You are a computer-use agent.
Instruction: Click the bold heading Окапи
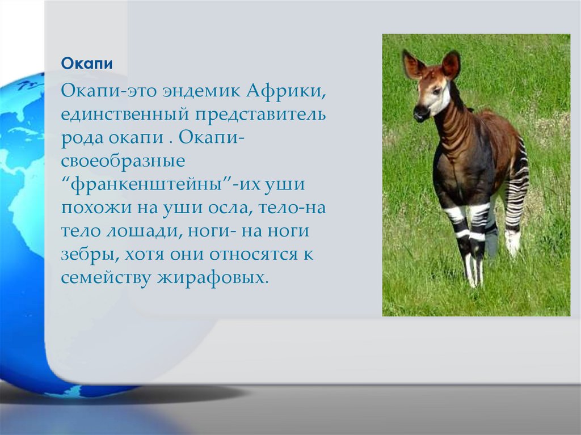[x=87, y=64]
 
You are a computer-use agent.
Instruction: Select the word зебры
[x=89, y=255]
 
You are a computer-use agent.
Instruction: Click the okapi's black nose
[x=420, y=112]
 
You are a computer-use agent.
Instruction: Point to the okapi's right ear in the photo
[x=451, y=65]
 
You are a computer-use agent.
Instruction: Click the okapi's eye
[x=437, y=90]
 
